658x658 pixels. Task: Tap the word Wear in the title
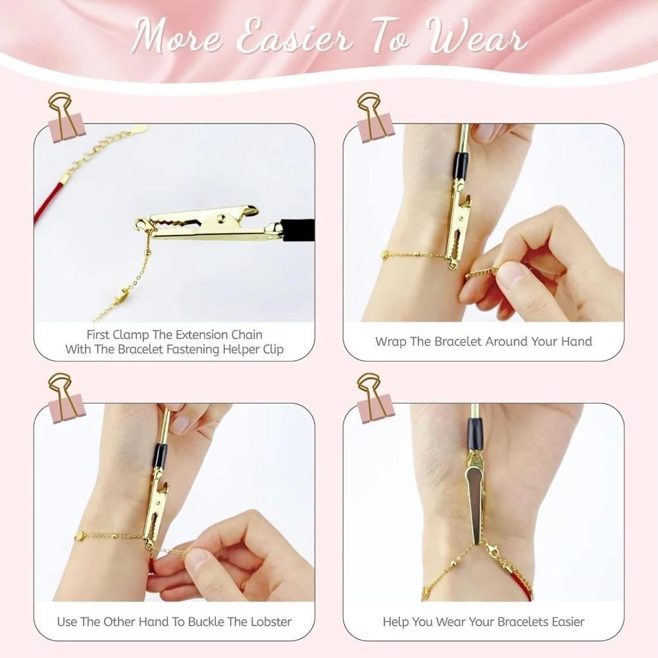477,38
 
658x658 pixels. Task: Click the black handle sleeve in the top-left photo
297,230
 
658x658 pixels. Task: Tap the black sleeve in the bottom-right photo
475,434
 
